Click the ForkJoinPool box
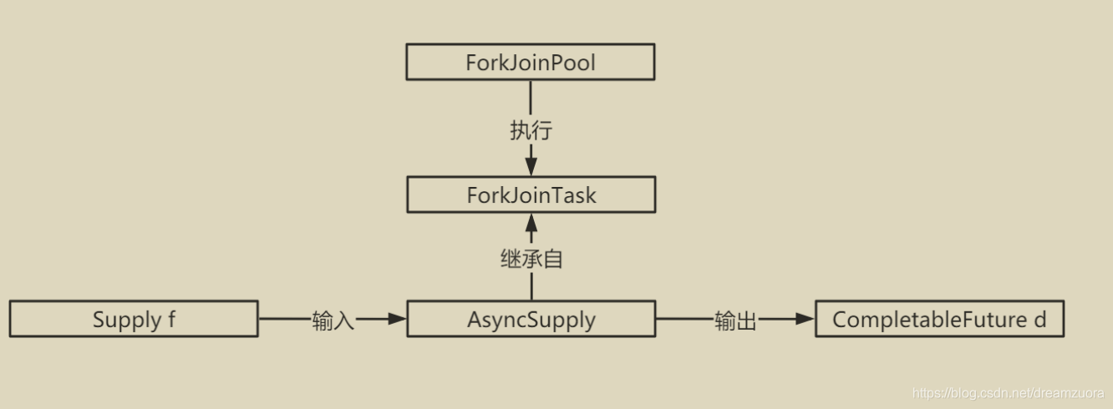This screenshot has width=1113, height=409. [x=530, y=63]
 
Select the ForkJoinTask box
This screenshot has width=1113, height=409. [x=531, y=195]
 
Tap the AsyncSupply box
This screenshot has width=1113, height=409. [x=531, y=320]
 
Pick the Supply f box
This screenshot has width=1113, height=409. [x=134, y=320]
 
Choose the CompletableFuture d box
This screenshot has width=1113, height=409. [x=939, y=320]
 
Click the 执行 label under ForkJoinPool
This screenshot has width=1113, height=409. [x=531, y=131]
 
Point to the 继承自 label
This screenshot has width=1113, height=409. [x=531, y=259]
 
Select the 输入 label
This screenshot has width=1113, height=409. [x=333, y=321]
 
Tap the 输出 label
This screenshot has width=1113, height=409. [x=735, y=321]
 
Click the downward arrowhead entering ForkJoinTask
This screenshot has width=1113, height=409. [x=531, y=166]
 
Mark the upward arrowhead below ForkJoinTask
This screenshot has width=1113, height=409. [x=531, y=223]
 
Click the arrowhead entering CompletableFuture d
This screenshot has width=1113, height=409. [x=805, y=319]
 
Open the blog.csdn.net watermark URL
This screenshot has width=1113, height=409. [x=1008, y=393]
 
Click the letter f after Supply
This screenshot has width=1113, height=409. [x=171, y=320]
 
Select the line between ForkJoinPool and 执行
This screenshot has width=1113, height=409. [x=531, y=98]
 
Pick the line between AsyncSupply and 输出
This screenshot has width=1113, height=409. [x=684, y=319]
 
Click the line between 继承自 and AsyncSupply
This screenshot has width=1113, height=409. [x=531, y=286]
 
